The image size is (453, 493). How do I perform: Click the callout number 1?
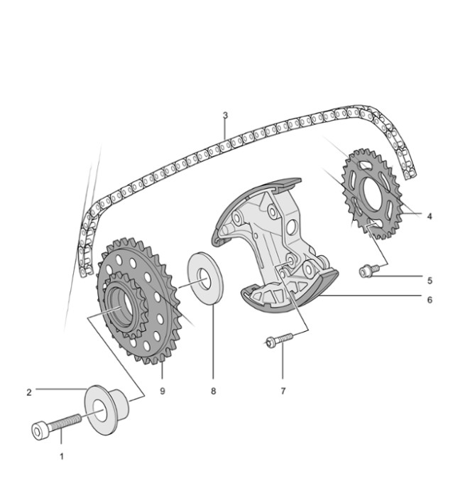coord(61,456)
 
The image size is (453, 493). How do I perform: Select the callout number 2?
coord(29,391)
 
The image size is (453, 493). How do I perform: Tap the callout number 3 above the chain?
coord(225,115)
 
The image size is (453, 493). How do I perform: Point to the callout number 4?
coord(429,217)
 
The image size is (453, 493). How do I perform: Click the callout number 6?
coord(429,300)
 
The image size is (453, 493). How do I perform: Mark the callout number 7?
coord(283,391)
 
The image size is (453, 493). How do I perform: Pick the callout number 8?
coord(213,391)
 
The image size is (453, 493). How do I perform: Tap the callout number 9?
coord(163,391)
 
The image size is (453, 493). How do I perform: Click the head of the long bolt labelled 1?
coord(40,431)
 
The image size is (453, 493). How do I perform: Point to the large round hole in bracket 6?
coord(290,228)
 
